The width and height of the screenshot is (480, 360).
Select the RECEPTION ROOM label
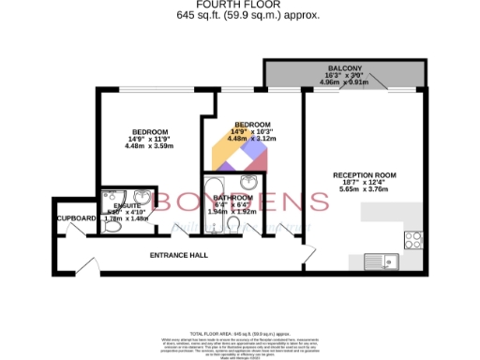point(366,175)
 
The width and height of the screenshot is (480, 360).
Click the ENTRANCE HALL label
point(179,255)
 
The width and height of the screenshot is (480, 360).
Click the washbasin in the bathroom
point(249,182)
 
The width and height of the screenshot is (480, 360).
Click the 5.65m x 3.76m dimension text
point(366,191)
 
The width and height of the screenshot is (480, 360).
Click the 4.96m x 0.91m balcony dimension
point(342,82)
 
